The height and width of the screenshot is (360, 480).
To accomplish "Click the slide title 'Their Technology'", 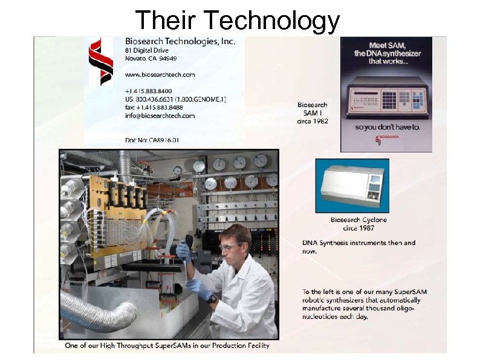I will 238,20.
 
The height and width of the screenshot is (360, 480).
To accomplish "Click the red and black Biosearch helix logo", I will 101,61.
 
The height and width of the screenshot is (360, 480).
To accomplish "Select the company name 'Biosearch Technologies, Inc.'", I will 180,41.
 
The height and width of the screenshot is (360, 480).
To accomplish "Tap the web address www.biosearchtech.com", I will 160,74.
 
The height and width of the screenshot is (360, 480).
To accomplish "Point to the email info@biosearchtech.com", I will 160,115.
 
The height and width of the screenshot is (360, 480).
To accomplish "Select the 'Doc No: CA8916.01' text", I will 152,140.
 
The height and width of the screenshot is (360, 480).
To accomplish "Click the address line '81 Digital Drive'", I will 147,50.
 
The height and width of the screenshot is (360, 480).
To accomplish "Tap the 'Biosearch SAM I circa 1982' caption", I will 313,113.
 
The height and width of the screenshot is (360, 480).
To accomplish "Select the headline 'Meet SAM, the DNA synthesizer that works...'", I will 387,53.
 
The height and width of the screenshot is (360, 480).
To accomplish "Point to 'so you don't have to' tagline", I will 386,128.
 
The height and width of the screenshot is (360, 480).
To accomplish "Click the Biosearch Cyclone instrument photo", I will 352,185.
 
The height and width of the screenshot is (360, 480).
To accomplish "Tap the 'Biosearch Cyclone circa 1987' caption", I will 358,224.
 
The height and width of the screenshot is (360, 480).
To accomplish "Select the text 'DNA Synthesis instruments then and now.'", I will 358,247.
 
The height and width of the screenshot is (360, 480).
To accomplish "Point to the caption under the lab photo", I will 167,345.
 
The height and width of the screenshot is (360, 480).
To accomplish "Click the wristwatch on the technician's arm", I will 211,298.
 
